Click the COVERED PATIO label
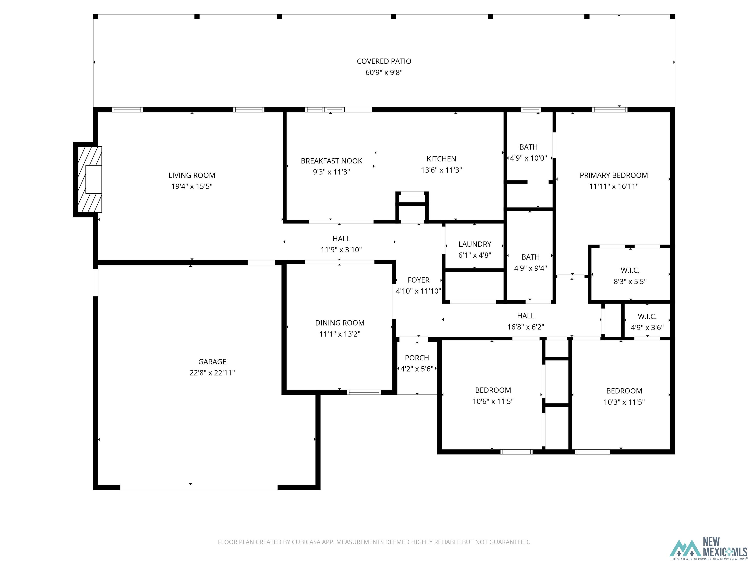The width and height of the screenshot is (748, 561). (384, 61)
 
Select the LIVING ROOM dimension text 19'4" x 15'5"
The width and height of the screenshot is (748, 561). (192, 186)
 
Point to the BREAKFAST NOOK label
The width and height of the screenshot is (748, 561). (331, 161)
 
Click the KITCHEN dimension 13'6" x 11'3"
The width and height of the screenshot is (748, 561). (441, 170)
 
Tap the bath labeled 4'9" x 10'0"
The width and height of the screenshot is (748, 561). (528, 152)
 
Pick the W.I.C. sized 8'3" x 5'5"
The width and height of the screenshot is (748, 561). (630, 276)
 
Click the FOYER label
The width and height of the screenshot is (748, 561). (418, 280)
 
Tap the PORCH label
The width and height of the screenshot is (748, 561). (417, 358)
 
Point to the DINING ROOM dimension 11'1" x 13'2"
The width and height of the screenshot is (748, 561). (339, 334)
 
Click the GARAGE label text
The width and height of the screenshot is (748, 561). (212, 362)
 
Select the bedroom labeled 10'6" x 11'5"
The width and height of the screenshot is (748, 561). (493, 396)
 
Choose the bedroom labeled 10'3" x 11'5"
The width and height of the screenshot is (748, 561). (624, 396)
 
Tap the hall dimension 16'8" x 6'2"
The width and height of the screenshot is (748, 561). (525, 327)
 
